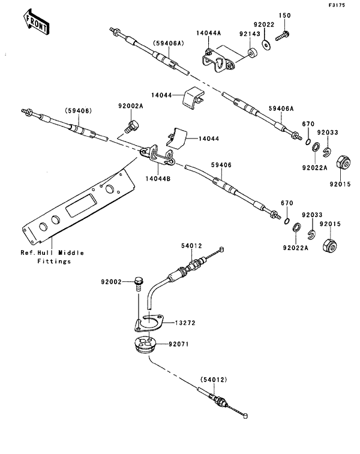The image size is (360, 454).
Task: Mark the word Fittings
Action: tap(55, 261)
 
